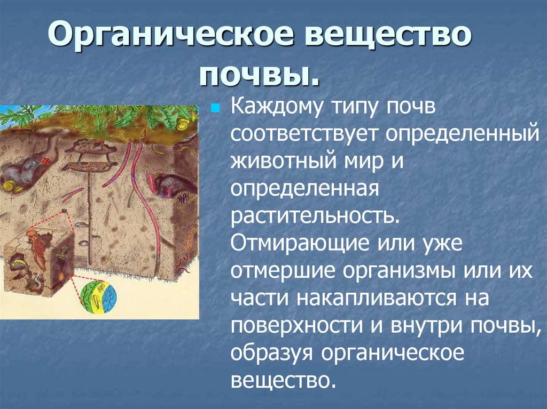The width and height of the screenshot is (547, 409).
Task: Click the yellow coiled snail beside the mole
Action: (x=9, y=186)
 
